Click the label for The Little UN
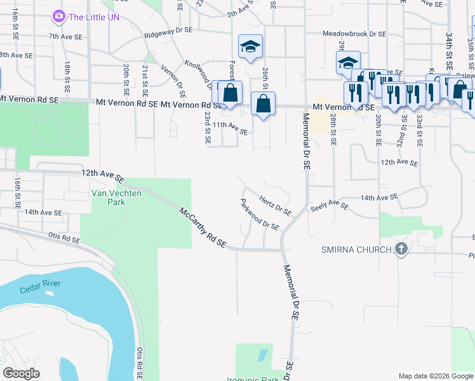pos(94,16)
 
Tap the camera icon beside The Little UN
pos(59,16)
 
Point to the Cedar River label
pos(41,283)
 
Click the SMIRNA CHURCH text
pos(356,249)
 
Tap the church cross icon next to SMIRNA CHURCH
pos(401,249)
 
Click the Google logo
pos(21,373)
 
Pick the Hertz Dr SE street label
pos(275,205)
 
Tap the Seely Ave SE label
pos(330,206)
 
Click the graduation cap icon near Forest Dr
pos(251,46)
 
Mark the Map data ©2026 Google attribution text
pos(436,376)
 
